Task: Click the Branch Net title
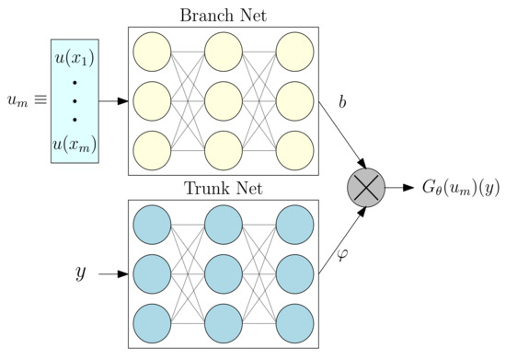tap(224, 12)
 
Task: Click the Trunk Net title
tap(224, 190)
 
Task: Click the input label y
tap(80, 273)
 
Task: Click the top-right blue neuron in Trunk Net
tap(293, 225)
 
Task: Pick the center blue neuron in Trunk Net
tap(224, 273)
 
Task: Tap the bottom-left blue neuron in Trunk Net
tap(153, 322)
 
